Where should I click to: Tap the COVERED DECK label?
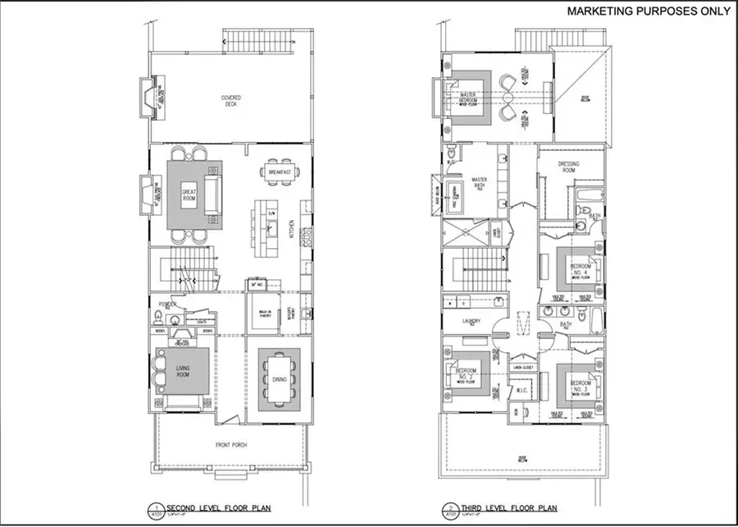[x=230, y=101]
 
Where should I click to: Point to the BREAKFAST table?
[x=280, y=172]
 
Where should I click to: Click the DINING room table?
[x=280, y=379]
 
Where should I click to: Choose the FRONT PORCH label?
[x=231, y=445]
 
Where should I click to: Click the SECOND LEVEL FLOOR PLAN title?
[x=199, y=506]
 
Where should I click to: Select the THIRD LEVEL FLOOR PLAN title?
[x=497, y=506]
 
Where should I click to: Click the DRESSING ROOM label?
[x=568, y=167]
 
